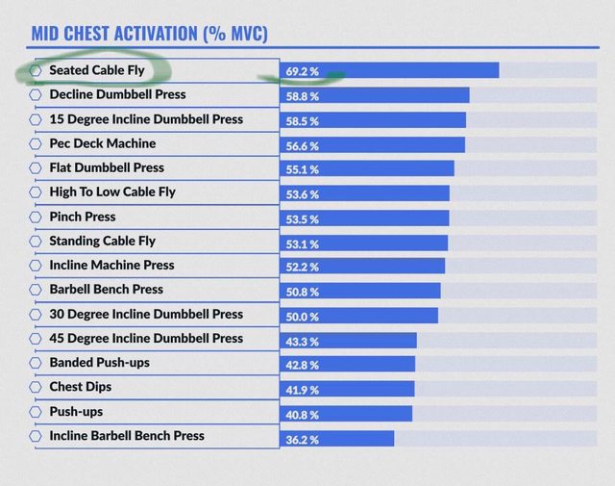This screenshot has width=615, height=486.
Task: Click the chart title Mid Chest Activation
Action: click(x=149, y=34)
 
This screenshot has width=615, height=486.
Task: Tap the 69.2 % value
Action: click(x=302, y=72)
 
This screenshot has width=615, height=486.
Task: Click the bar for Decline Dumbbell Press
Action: click(x=375, y=95)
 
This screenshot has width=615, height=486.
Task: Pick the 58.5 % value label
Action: click(x=302, y=120)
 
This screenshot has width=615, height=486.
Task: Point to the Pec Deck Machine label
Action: click(x=102, y=143)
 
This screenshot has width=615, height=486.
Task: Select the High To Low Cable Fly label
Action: click(x=111, y=192)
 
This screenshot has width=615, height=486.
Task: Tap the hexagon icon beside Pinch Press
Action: click(x=37, y=217)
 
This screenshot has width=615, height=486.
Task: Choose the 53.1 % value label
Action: click(x=302, y=242)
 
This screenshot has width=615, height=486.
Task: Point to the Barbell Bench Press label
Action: click(x=106, y=289)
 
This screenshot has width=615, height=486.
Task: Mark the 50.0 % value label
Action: click(x=302, y=316)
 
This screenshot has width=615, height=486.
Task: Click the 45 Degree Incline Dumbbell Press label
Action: click(x=146, y=338)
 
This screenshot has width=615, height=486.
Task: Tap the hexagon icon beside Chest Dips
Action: click(x=37, y=388)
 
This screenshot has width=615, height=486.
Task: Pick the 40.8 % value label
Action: click(x=302, y=414)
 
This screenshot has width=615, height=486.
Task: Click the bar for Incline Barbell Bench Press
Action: click(x=337, y=438)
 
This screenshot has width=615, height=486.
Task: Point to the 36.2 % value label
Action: click(x=302, y=439)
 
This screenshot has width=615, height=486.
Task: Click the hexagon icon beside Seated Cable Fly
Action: click(x=37, y=70)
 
